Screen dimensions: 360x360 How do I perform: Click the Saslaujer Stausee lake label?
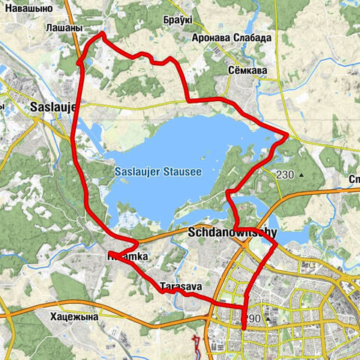click(158, 172)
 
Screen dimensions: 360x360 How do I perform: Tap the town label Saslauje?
click(53, 106)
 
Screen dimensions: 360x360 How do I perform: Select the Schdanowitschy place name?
click(228, 233)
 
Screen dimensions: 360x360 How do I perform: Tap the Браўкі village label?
click(176, 21)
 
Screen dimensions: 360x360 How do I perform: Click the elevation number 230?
click(285, 174)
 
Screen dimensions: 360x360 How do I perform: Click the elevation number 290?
click(252, 319)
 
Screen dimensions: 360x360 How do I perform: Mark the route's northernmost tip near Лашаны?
click(101, 34)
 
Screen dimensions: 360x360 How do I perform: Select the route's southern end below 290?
click(244, 328)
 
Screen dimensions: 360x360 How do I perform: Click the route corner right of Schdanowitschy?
click(277, 243)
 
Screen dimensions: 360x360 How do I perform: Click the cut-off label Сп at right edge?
click(353, 179)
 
